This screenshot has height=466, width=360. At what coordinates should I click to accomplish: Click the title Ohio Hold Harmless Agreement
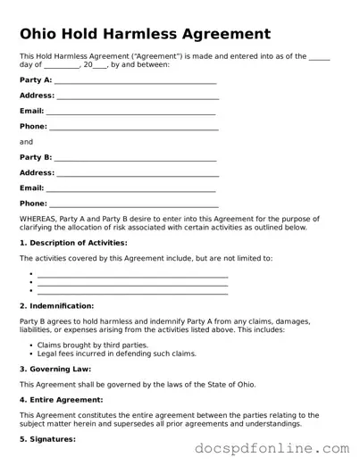pyautogui.click(x=145, y=34)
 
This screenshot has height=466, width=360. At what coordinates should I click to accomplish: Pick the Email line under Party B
pyautogui.click(x=131, y=189)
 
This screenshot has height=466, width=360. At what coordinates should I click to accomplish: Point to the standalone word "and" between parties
pyautogui.click(x=26, y=142)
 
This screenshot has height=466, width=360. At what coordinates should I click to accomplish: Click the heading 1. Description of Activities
pyautogui.click(x=73, y=243)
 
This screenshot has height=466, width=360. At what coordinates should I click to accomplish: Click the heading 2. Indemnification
pyautogui.click(x=63, y=305)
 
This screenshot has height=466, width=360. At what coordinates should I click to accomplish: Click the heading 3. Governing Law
pyautogui.click(x=55, y=369)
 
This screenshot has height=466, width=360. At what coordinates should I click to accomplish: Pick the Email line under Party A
pyautogui.click(x=131, y=112)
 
